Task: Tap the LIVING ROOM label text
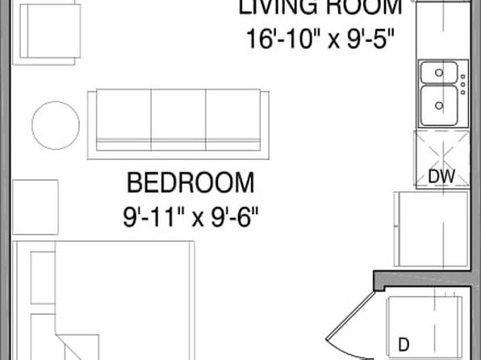[320, 8]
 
